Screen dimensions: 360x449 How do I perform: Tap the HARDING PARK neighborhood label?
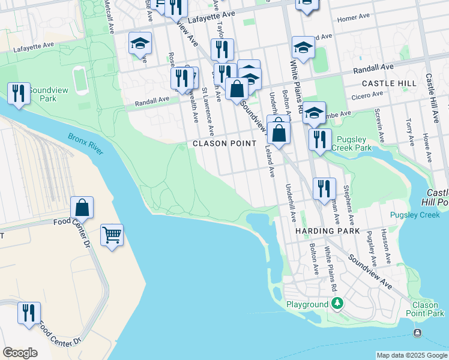click(327, 231)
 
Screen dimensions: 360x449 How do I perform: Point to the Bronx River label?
click(85, 144)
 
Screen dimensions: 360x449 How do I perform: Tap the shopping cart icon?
click(112, 235)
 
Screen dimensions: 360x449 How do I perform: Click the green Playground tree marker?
click(338, 304)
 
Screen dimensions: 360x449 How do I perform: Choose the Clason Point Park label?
click(425, 309)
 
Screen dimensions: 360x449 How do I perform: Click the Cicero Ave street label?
click(367, 94)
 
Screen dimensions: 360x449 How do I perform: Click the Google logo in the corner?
click(20, 353)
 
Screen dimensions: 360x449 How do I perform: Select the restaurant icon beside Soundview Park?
click(18, 94)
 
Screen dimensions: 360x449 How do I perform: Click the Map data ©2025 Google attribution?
click(411, 355)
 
